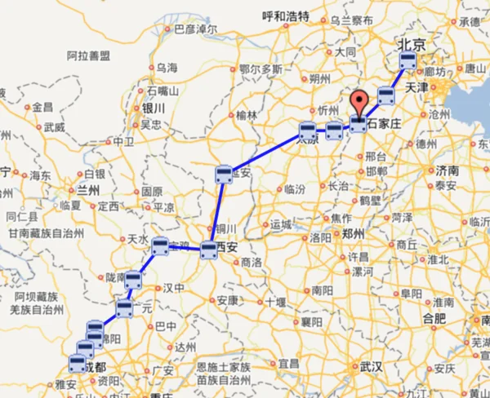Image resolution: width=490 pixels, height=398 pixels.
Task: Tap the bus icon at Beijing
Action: (x=408, y=61)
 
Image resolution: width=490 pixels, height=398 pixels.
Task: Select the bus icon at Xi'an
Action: (x=209, y=250)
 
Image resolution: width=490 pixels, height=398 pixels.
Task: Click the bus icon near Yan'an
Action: (x=225, y=174)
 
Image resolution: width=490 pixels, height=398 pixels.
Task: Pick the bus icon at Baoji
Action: (x=160, y=245)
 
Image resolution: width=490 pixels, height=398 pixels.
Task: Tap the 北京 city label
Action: (x=411, y=43)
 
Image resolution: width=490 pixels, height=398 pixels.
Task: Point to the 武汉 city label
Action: (x=371, y=367)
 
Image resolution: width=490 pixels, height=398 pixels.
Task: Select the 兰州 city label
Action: (x=87, y=190)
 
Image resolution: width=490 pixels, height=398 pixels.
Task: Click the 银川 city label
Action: (x=154, y=108)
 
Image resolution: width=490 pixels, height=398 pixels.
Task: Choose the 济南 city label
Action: (x=447, y=170)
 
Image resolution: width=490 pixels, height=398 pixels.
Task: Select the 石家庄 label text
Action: (x=385, y=125)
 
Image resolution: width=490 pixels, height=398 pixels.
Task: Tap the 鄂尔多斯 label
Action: (x=261, y=70)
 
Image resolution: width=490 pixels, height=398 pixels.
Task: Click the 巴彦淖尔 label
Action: (x=196, y=29)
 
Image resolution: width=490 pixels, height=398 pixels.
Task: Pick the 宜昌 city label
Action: (x=289, y=362)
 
